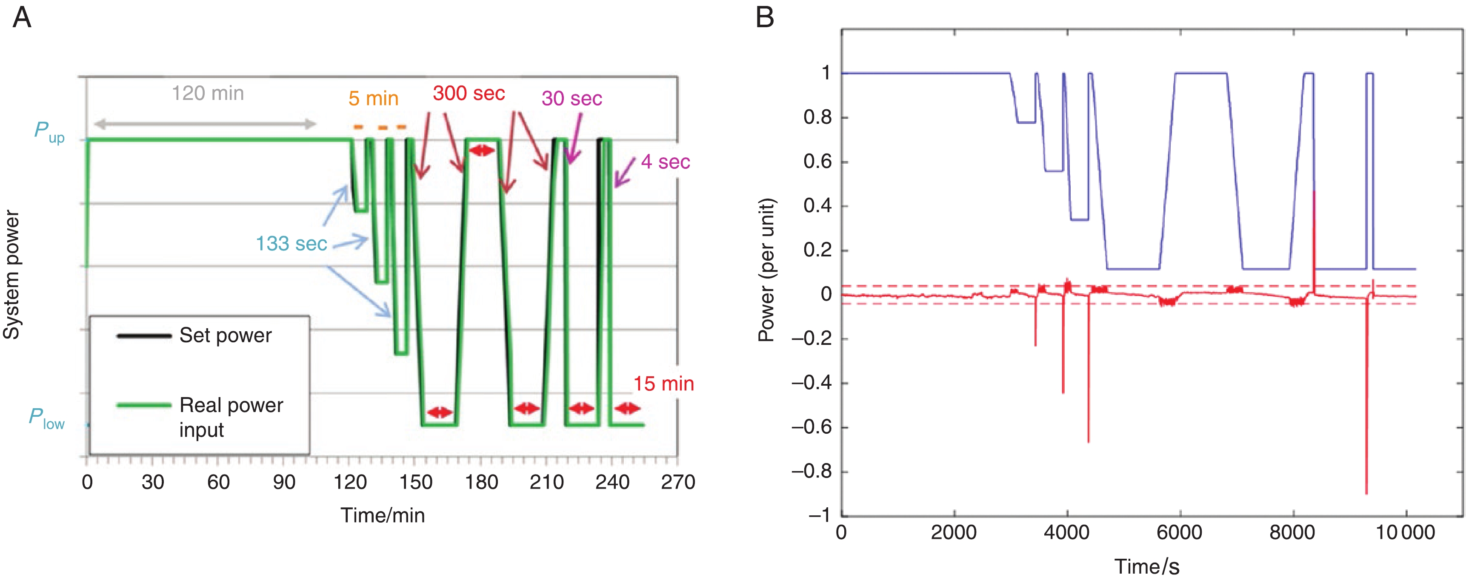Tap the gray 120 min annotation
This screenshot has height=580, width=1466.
(208, 93)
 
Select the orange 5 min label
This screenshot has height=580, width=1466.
(373, 98)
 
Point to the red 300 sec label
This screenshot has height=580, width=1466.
(469, 93)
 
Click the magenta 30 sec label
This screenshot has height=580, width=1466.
(572, 98)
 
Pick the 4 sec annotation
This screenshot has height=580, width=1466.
(665, 162)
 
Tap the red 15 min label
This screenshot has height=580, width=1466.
(663, 384)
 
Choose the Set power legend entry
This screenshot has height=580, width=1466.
(226, 335)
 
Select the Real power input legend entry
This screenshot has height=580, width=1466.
(231, 417)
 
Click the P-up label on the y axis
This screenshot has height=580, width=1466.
(49, 132)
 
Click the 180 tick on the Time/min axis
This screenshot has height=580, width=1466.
(481, 483)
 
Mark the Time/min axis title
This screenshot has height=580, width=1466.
(383, 515)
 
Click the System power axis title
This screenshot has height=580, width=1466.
(11, 275)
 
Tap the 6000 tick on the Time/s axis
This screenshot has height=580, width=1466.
(1179, 533)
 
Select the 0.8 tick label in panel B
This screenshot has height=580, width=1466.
(817, 118)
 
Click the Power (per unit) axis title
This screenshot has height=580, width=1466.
(766, 270)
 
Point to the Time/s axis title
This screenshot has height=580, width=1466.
(1147, 566)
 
